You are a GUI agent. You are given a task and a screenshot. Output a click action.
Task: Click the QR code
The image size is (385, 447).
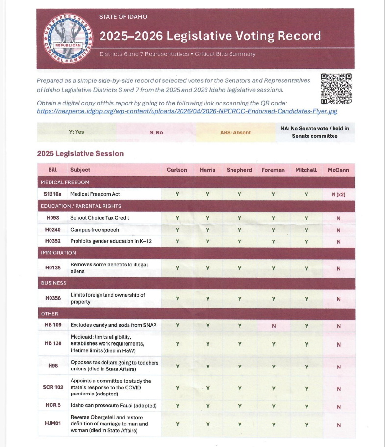[336, 88]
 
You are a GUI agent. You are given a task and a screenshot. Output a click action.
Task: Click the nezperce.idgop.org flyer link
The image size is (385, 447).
[187, 111]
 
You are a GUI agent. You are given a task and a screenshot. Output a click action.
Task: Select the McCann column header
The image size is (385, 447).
[338, 170]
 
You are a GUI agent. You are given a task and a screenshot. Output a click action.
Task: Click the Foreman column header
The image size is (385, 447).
[274, 170]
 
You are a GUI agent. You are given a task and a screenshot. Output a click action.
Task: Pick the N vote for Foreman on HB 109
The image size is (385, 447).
[274, 325]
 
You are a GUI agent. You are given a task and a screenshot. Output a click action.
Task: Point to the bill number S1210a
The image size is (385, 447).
[52, 194]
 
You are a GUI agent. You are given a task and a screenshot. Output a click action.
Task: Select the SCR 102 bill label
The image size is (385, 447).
[53, 387]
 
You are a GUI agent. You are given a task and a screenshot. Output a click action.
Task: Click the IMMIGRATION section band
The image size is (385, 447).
[196, 253]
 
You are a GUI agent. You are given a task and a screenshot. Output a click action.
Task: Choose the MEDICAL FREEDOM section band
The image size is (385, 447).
[196, 182]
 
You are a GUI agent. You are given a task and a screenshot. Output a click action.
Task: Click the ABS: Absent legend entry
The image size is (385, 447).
[235, 132]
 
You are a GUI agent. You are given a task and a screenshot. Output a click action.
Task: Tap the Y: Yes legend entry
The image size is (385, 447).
[77, 132]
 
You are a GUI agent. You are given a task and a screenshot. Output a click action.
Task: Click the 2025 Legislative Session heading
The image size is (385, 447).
[80, 154]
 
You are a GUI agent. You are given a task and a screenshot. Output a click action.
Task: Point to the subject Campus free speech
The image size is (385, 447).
[95, 230]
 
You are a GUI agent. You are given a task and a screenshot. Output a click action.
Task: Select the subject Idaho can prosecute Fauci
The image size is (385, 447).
[113, 406]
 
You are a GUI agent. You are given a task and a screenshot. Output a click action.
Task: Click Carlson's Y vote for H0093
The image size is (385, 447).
[177, 218]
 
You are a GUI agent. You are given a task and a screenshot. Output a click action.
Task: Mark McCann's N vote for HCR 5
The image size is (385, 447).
[338, 406]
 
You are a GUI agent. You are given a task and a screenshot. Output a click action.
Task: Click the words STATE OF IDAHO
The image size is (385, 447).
[123, 17]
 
